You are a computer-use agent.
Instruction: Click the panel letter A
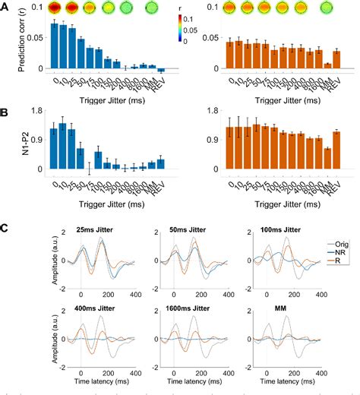click(x=8, y=8)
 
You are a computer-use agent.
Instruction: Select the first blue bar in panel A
click(x=54, y=46)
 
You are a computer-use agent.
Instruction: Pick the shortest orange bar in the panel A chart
click(x=327, y=65)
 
